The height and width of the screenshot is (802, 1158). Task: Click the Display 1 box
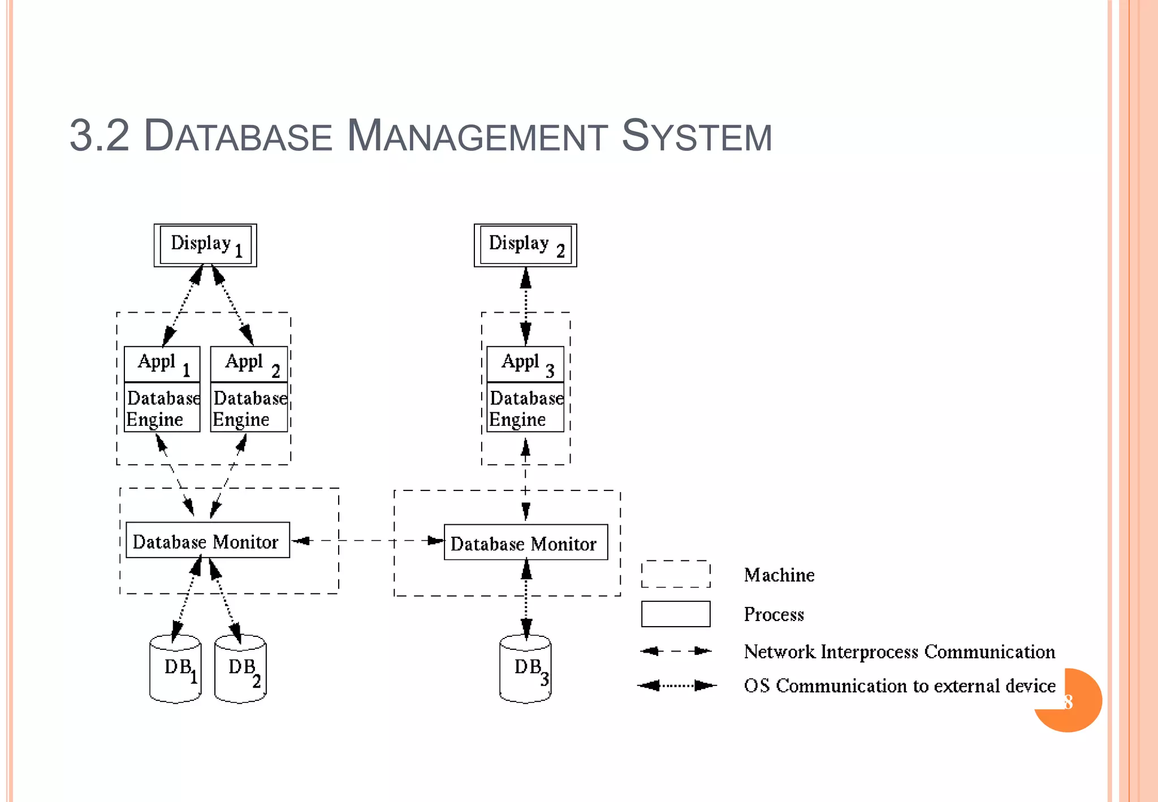(x=205, y=245)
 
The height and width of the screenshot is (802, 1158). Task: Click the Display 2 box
(x=525, y=245)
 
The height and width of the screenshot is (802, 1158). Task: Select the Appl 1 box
(x=162, y=364)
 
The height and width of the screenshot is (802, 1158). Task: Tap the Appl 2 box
(x=249, y=364)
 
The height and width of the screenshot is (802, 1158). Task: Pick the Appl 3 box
(x=525, y=364)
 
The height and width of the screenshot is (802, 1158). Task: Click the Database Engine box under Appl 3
(x=525, y=408)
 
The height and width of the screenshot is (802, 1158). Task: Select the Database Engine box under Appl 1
(x=162, y=408)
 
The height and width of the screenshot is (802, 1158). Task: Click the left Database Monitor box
(x=208, y=540)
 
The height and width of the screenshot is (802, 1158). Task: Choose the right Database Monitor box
(x=526, y=542)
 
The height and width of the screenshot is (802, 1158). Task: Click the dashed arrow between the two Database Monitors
(x=368, y=541)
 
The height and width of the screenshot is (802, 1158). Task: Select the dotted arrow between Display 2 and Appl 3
(x=526, y=305)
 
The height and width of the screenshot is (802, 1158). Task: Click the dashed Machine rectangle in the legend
(x=676, y=574)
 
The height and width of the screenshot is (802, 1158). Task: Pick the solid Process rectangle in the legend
(x=676, y=614)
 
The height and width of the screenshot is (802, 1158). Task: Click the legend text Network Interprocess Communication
(x=899, y=652)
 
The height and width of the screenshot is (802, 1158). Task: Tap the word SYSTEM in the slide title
(x=697, y=136)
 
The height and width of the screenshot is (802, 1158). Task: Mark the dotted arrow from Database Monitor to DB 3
(x=526, y=600)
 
